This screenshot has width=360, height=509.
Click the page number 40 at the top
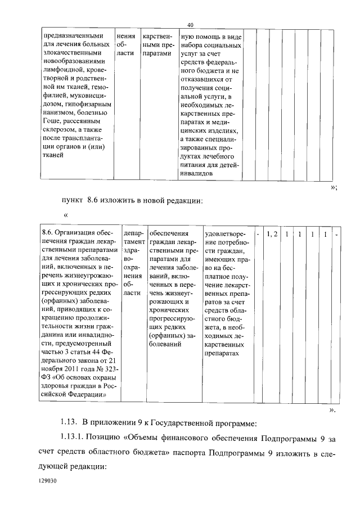(x=190, y=25)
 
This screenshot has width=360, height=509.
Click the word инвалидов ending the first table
(x=197, y=174)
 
